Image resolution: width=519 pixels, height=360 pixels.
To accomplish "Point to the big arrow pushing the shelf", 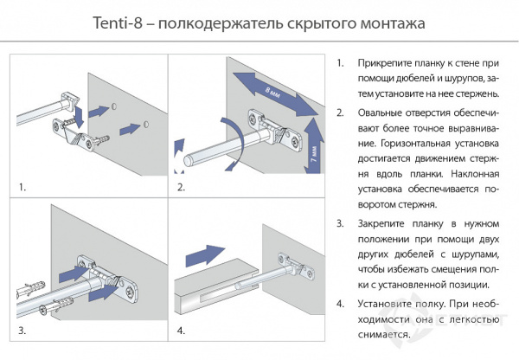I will [203, 254].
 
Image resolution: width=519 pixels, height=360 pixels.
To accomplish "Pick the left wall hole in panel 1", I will [113, 109].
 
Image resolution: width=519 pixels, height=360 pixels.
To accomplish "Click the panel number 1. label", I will [23, 186].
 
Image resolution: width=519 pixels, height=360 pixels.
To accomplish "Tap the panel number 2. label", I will [181, 186].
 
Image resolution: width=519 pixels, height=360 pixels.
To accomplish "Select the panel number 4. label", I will [181, 330].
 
